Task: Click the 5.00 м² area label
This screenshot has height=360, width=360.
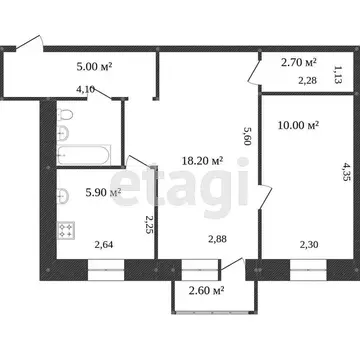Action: pyautogui.click(x=94, y=66)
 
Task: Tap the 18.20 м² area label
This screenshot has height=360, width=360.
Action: pyautogui.click(x=202, y=161)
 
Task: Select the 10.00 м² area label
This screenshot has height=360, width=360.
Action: pyautogui.click(x=298, y=125)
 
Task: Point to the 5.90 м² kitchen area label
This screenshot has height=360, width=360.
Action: pyautogui.click(x=103, y=192)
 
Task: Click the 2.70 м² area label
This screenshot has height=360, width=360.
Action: pyautogui.click(x=299, y=62)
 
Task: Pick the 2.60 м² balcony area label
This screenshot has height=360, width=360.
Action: pyautogui.click(x=206, y=291)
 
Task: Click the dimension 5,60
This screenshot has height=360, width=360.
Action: pyautogui.click(x=247, y=136)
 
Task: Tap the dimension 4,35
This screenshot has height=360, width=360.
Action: pyautogui.click(x=346, y=171)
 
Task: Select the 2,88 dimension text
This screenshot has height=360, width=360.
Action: pyautogui.click(x=217, y=239)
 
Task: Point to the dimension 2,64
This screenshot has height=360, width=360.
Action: pyautogui.click(x=104, y=245)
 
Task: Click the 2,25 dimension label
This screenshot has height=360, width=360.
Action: pyautogui.click(x=148, y=224)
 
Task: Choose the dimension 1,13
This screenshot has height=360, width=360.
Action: pyautogui.click(x=338, y=75)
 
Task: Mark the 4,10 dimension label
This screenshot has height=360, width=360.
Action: pyautogui.click(x=86, y=89)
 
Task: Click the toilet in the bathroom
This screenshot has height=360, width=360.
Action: pyautogui.click(x=65, y=115)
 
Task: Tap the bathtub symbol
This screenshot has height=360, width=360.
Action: pyautogui.click(x=83, y=154)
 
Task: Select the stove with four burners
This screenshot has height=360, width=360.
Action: pyautogui.click(x=66, y=231)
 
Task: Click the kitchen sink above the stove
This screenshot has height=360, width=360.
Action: pyautogui.click(x=63, y=196)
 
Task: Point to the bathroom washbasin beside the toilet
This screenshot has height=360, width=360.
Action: pyautogui.click(x=63, y=134)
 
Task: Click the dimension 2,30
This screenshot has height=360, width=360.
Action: pyautogui.click(x=308, y=245)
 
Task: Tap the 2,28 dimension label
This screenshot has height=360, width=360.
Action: pyautogui.click(x=307, y=80)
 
